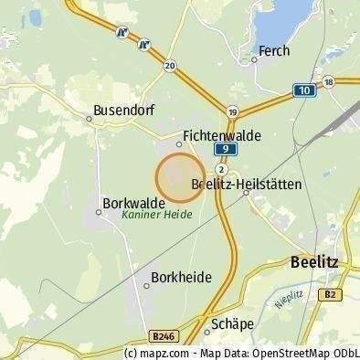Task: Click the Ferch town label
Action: tap(274, 51)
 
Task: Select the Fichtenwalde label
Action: tap(222, 135)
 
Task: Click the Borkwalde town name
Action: tap(134, 202)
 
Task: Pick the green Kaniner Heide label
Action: tap(156, 217)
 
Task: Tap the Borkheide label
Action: tap(180, 276)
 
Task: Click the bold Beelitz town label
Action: tap(313, 261)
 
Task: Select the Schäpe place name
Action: tap(231, 323)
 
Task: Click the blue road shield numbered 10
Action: tap(303, 90)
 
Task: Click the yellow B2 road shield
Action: tap(332, 293)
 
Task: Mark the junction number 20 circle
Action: tap(170, 66)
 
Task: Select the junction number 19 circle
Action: tap(234, 111)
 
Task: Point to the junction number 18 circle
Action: tap(330, 81)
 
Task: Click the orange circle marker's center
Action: tap(179, 177)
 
